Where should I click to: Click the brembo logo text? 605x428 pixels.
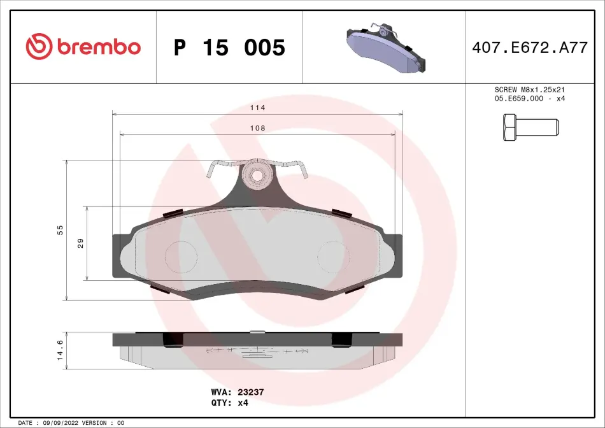[x=99, y=46]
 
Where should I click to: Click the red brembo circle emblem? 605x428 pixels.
[x=39, y=46]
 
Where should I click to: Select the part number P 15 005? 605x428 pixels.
[x=229, y=48]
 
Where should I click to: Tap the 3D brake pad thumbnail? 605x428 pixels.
[x=386, y=48]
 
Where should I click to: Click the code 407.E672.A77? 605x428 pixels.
[x=530, y=48]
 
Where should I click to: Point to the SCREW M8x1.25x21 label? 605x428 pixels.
[x=529, y=90]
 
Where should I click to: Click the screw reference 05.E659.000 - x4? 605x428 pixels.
[x=529, y=99]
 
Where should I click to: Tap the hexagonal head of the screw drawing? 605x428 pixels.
[x=509, y=127]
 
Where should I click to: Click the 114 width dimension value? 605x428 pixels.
[x=257, y=108]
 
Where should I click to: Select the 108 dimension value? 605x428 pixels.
[x=257, y=128]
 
